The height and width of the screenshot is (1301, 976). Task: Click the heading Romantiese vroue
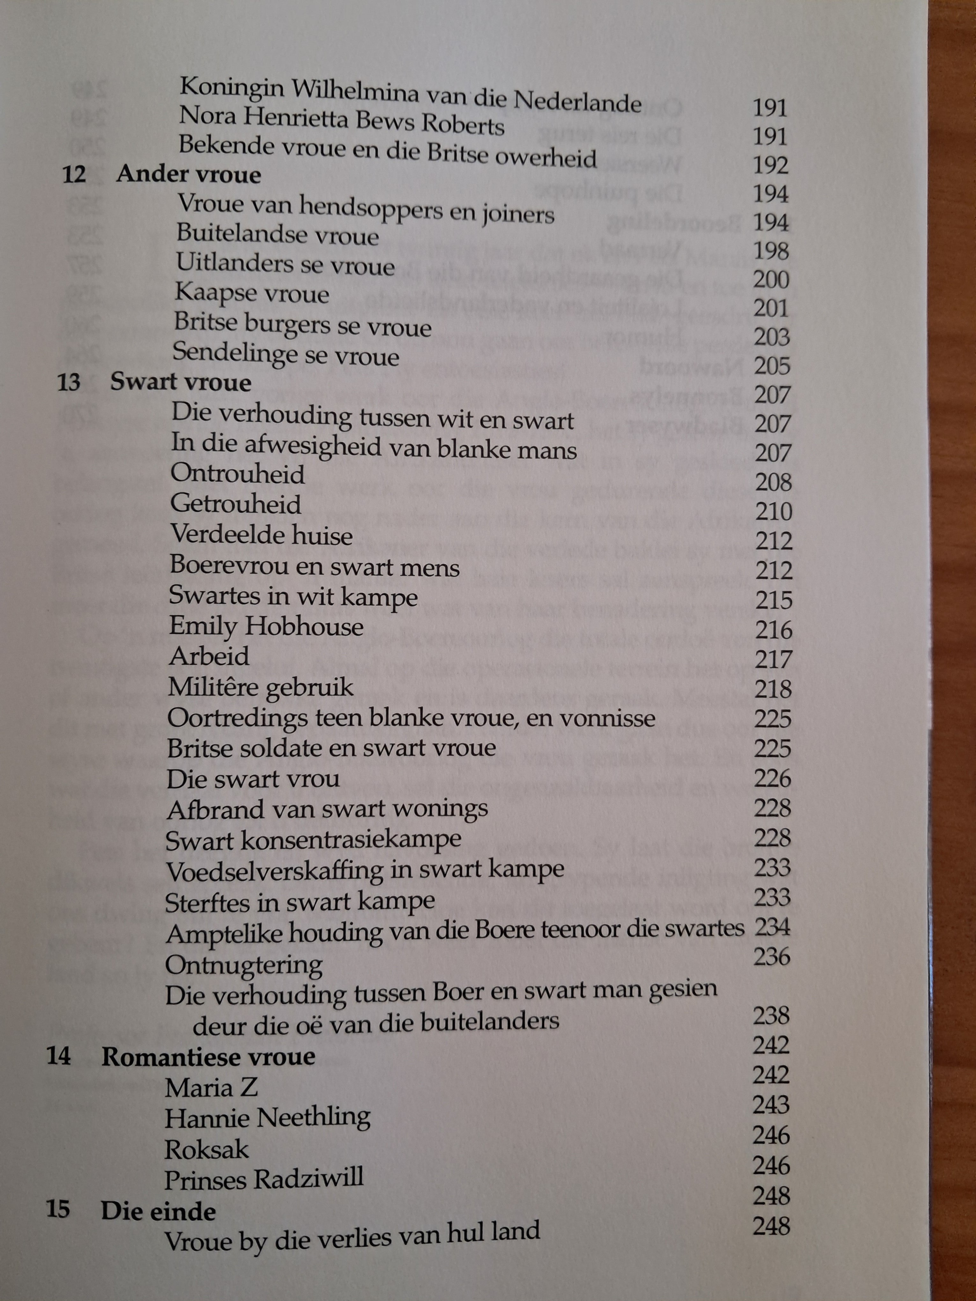pos(208,1057)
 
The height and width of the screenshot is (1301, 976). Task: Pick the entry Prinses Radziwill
pos(263,1178)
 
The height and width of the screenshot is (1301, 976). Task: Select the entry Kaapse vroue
pos(252,293)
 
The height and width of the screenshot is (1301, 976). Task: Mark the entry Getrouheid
pos(236,505)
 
